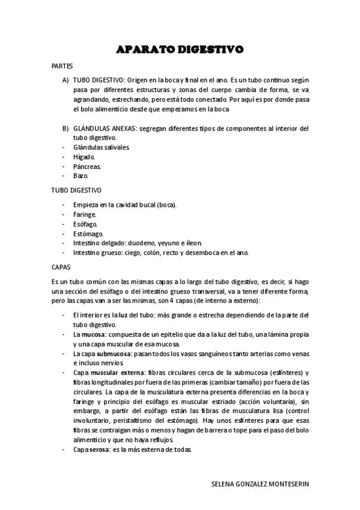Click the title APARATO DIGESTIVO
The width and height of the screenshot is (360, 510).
[x=180, y=49]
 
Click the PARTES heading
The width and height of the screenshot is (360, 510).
[x=63, y=67]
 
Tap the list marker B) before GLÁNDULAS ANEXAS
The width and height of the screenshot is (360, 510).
[x=66, y=128]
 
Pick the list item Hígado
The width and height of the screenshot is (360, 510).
[x=84, y=157]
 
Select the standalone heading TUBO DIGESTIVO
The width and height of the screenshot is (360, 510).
[x=76, y=190]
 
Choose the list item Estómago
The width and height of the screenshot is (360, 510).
[x=88, y=233]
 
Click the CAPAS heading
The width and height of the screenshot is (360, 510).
[x=62, y=266]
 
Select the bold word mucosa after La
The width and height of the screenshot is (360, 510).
[x=92, y=334]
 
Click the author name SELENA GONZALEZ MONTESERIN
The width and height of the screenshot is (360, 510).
[x=262, y=484]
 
